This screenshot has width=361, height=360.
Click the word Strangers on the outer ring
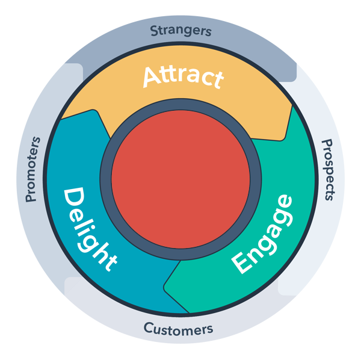coord(180,29)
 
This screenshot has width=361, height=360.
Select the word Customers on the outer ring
coord(178,329)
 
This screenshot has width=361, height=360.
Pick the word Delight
coord(91,229)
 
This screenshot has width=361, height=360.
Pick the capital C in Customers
coord(147,328)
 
